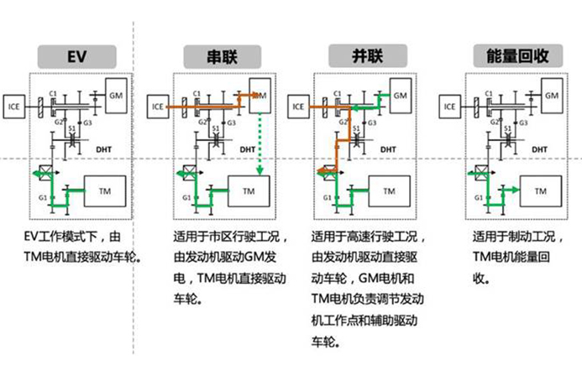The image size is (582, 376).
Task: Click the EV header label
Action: point(77,56)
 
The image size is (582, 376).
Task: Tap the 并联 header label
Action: point(363,56)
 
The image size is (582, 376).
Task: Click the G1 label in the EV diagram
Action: point(42,196)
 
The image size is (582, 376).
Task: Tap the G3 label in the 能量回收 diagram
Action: point(524,123)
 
